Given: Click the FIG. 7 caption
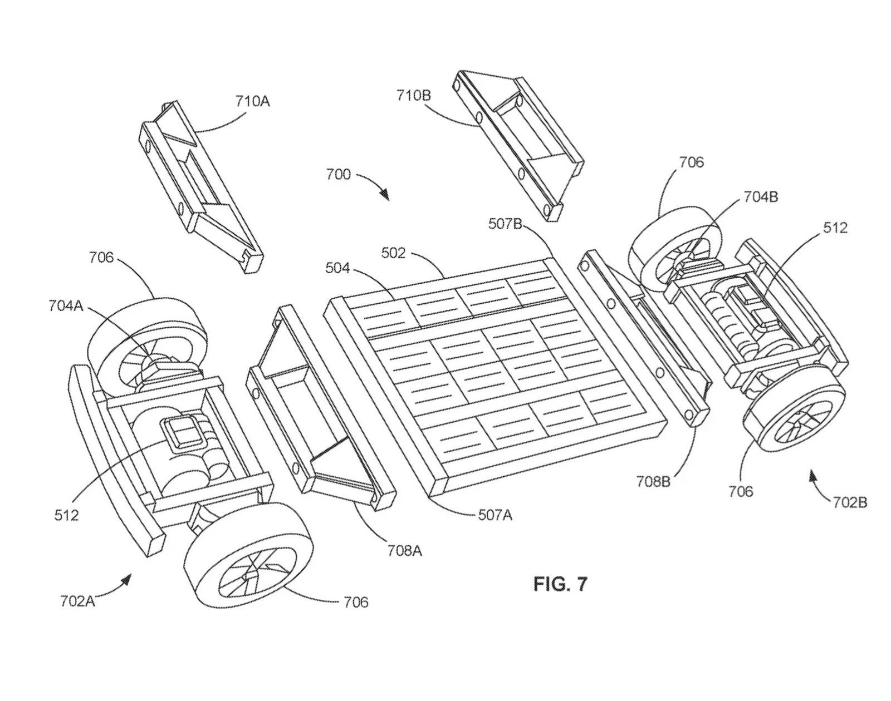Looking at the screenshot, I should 560,584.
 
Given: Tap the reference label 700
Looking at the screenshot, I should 338,174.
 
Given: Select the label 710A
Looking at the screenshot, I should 252,102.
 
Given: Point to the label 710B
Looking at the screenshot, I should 414,95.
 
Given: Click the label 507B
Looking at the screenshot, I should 505,224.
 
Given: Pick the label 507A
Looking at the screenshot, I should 495,515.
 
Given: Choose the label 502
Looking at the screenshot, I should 393,253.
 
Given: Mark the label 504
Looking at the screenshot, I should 337,268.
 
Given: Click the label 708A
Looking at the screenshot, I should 405,550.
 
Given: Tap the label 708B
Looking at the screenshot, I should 653,481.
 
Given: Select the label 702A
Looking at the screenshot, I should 77,601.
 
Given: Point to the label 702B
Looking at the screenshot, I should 850,502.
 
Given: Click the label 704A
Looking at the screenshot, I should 66,305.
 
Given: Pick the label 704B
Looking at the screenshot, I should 760,196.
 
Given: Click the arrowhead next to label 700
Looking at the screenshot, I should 384,194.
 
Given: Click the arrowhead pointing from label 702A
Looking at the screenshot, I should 127,580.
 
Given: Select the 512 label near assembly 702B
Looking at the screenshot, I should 835,228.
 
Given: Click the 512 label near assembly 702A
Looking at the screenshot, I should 66,515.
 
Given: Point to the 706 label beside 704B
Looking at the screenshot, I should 691,162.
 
